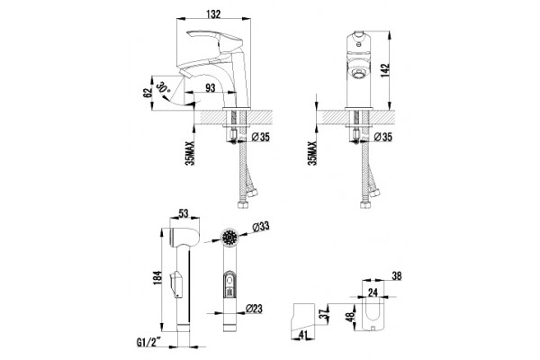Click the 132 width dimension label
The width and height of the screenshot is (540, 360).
(213, 14)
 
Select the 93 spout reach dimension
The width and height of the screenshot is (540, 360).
(210, 88)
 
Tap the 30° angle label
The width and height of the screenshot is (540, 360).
(164, 86)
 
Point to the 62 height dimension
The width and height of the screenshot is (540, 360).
(148, 93)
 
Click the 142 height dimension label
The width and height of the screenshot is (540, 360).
(385, 70)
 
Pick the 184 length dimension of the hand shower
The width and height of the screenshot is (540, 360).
(157, 278)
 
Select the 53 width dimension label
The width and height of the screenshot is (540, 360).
(184, 213)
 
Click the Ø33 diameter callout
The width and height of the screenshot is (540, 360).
(260, 227)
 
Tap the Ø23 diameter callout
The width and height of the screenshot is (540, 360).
(254, 309)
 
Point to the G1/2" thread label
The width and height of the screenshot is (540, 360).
(149, 343)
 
